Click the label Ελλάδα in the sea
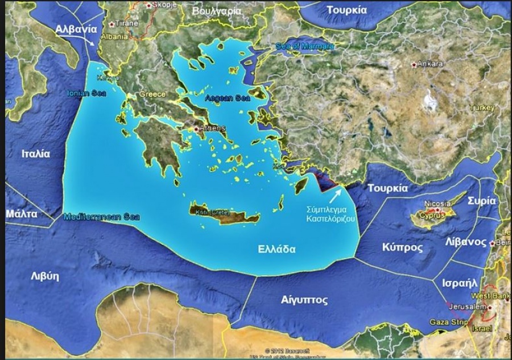(x=276, y=249)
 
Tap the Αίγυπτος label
(x=304, y=300)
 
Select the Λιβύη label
(x=45, y=276)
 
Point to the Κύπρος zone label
(x=402, y=247)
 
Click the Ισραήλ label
(x=459, y=282)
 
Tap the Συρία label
(x=481, y=201)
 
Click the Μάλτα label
(x=22, y=214)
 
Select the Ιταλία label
(x=36, y=154)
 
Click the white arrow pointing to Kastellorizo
(x=336, y=194)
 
